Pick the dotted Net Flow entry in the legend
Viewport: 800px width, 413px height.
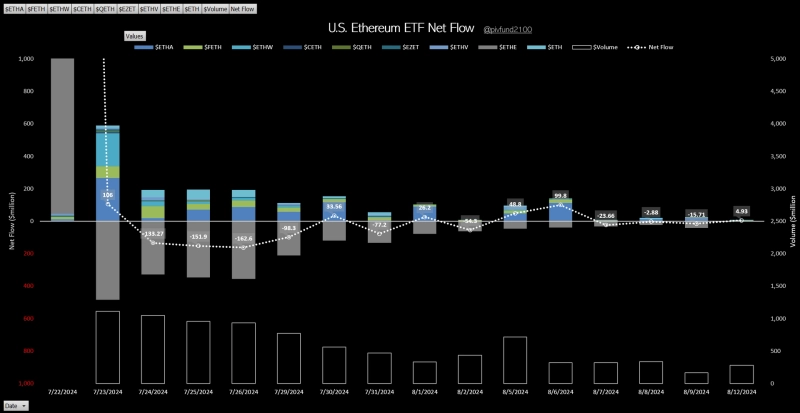654,47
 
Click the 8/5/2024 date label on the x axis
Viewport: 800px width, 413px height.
515,391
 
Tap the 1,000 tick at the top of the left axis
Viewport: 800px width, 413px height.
26,59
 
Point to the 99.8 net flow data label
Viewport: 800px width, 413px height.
560,196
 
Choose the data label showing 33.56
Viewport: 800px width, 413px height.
334,206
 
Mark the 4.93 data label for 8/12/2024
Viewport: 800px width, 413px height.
741,211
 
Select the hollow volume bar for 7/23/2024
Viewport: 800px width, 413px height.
107,347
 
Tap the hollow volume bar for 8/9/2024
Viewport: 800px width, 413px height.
696,378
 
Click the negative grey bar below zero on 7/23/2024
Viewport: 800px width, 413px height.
107,260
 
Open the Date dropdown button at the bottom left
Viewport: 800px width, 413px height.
15,405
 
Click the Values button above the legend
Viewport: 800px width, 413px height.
134,35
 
